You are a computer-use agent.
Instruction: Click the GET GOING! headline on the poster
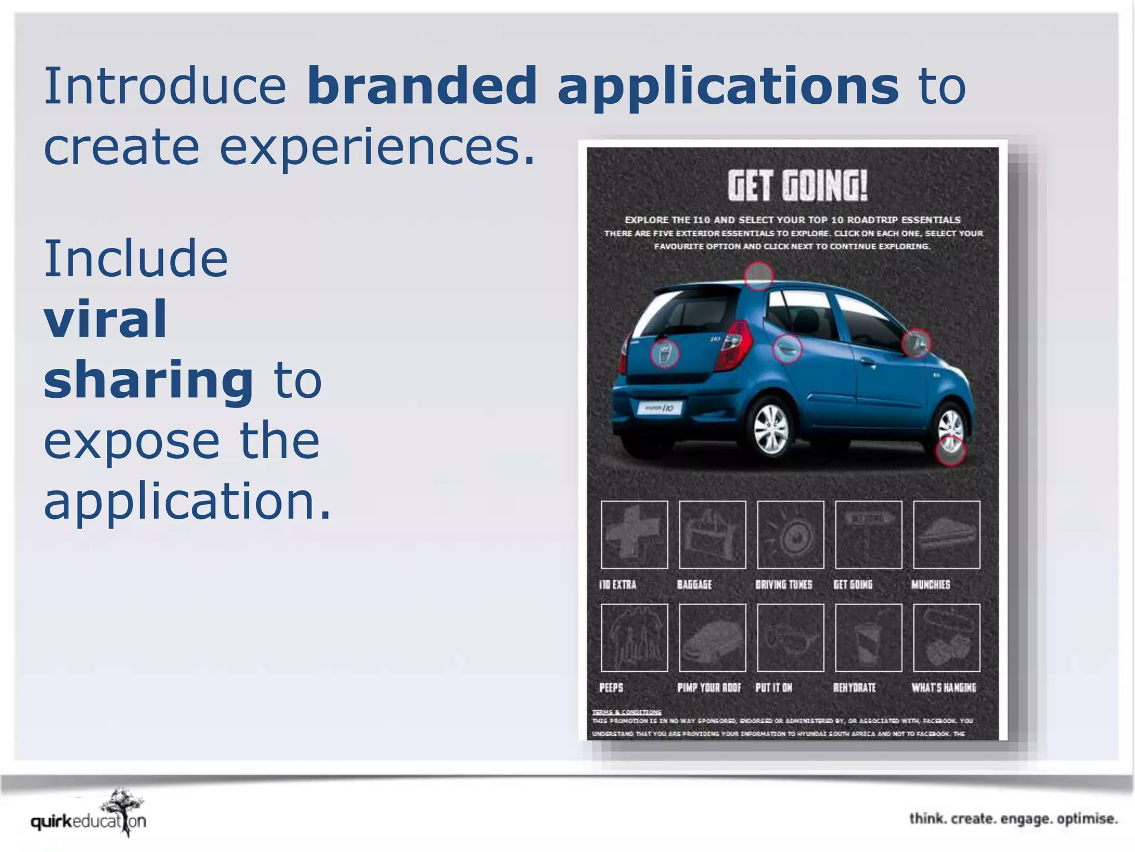[x=797, y=186]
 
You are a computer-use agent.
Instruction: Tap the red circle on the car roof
[x=758, y=275]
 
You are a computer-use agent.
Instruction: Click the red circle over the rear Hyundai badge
[x=664, y=353]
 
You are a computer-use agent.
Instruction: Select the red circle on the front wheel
[x=950, y=450]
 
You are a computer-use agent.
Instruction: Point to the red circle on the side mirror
[x=916, y=343]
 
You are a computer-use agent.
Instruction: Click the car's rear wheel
[x=772, y=429]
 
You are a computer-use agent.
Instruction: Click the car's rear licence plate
[x=660, y=408]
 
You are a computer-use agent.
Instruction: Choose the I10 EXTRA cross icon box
[x=635, y=535]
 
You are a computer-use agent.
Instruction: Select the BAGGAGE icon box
[x=713, y=535]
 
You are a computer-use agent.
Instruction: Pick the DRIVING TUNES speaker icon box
[x=790, y=535]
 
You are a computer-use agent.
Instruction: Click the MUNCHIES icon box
[x=947, y=535]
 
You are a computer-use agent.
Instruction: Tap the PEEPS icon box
[x=635, y=638]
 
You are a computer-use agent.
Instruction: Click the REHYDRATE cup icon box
[x=868, y=638]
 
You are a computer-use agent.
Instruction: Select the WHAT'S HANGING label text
[x=944, y=688]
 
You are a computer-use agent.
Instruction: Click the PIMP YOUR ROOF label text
[x=709, y=688]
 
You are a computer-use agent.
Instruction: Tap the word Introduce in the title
[x=165, y=86]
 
